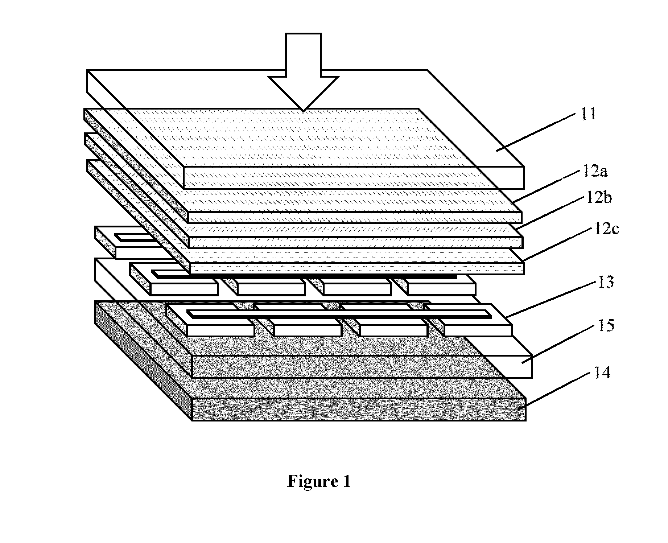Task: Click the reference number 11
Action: pyautogui.click(x=588, y=114)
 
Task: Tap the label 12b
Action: pyautogui.click(x=599, y=198)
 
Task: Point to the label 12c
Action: pyautogui.click(x=606, y=229)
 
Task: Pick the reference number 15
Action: pyautogui.click(x=606, y=325)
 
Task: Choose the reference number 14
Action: pyautogui.click(x=602, y=373)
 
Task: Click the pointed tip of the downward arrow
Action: pyautogui.click(x=303, y=110)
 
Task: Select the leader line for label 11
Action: pyautogui.click(x=536, y=132)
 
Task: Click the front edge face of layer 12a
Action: pyautogui.click(x=355, y=218)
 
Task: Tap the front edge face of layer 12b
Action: pyautogui.click(x=356, y=243)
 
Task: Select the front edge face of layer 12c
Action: pyautogui.click(x=357, y=269)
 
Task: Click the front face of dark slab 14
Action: pyautogui.click(x=359, y=410)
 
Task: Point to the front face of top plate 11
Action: pyautogui.click(x=354, y=178)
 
